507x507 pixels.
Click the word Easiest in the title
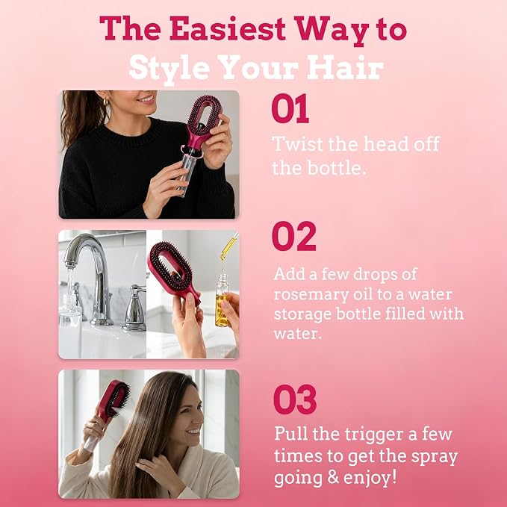point(228,29)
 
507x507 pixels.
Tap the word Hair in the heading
point(345,68)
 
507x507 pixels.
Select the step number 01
point(290,108)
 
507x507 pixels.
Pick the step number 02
point(293,237)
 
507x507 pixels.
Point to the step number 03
point(294,399)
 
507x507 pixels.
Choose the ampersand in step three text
point(333,478)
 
